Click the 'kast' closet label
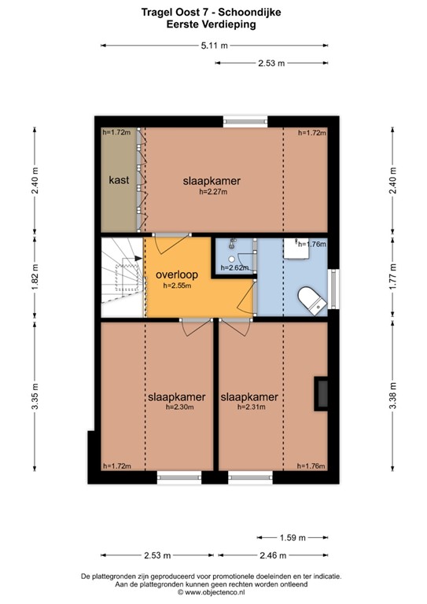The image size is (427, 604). pyautogui.click(x=119, y=180)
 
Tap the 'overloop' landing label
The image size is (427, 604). pyautogui.click(x=177, y=274)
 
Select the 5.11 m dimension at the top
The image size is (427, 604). pyautogui.click(x=215, y=46)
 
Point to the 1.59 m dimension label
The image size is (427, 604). pyautogui.click(x=293, y=537)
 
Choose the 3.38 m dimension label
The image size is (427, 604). pyautogui.click(x=392, y=396)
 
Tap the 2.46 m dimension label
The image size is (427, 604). pyautogui.click(x=273, y=555)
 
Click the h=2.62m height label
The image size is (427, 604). pyautogui.click(x=234, y=267)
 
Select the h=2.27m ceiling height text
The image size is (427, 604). pyautogui.click(x=213, y=191)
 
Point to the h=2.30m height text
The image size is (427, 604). pyautogui.click(x=180, y=407)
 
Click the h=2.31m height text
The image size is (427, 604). pyautogui.click(x=251, y=407)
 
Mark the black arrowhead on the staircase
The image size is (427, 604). pyautogui.click(x=138, y=259)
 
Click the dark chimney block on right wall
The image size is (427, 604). pyautogui.click(x=321, y=393)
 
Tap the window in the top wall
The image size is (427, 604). pyautogui.click(x=245, y=121)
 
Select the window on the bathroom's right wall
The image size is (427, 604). pyautogui.click(x=333, y=289)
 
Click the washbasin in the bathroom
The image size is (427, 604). pyautogui.click(x=296, y=248)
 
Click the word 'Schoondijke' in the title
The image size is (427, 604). pyautogui.click(x=249, y=13)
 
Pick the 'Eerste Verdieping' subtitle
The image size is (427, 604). pyautogui.click(x=211, y=24)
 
